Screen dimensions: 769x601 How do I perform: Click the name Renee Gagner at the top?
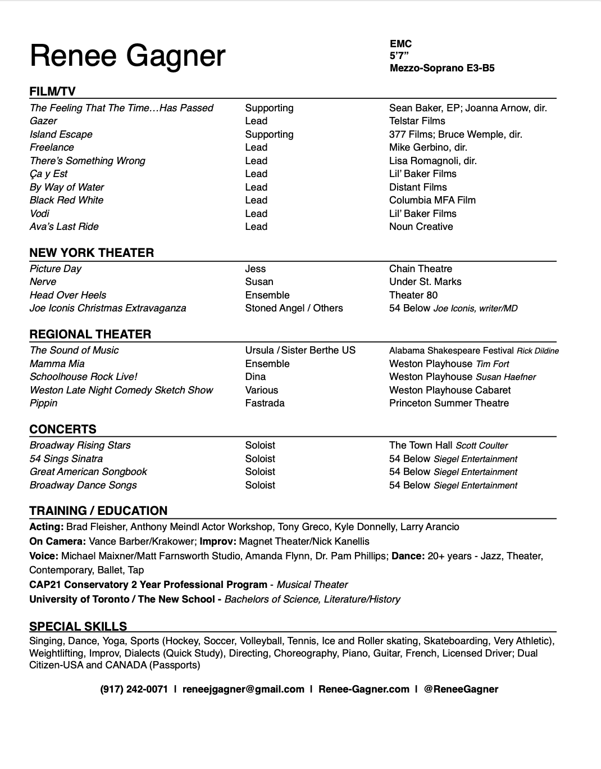pyautogui.click(x=128, y=56)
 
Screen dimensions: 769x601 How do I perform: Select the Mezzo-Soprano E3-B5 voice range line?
pyautogui.click(x=441, y=69)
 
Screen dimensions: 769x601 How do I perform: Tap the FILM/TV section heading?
pyautogui.click(x=52, y=92)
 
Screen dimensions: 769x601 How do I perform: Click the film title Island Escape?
pyautogui.click(x=61, y=134)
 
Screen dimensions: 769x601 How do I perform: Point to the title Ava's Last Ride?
pyautogui.click(x=64, y=227)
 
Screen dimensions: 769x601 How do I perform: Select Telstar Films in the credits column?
pyautogui.click(x=417, y=121)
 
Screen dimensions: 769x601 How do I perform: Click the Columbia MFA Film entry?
pyautogui.click(x=432, y=200)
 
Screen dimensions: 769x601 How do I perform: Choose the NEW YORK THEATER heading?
pyautogui.click(x=92, y=252)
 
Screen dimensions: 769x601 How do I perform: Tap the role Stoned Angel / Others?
pyautogui.click(x=294, y=308)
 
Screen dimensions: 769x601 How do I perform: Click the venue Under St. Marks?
pyautogui.click(x=425, y=282)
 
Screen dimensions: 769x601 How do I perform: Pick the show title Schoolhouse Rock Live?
pyautogui.click(x=83, y=377)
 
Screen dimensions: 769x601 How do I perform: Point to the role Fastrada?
pyautogui.click(x=265, y=403)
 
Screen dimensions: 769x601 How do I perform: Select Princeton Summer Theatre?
pyautogui.click(x=449, y=403)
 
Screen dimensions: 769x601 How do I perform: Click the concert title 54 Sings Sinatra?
pyautogui.click(x=66, y=459)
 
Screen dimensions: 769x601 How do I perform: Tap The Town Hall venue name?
pyautogui.click(x=421, y=445)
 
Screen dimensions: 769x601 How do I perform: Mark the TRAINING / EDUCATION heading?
pyautogui.click(x=98, y=510)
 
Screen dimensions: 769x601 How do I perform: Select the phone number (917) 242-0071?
pyautogui.click(x=134, y=689)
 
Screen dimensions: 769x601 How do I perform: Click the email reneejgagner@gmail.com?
pyautogui.click(x=243, y=689)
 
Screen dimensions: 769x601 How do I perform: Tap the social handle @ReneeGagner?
pyautogui.click(x=461, y=689)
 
